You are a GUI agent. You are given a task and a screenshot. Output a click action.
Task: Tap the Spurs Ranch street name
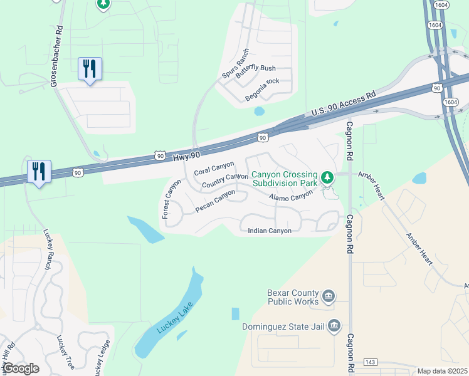point(236,65)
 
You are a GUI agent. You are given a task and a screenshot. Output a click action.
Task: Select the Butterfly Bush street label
point(255,68)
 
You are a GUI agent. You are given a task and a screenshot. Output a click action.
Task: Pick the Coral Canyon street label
point(214,167)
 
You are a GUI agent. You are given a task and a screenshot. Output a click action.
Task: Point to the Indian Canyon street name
point(270,231)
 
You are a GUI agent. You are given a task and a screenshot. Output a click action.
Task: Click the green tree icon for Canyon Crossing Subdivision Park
point(327,178)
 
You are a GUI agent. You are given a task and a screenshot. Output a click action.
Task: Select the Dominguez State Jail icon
point(335,325)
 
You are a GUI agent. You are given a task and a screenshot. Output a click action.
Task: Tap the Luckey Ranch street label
point(47,249)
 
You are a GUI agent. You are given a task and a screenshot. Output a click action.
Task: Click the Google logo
point(21,368)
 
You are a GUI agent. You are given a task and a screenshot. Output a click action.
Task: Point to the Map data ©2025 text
point(442,371)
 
